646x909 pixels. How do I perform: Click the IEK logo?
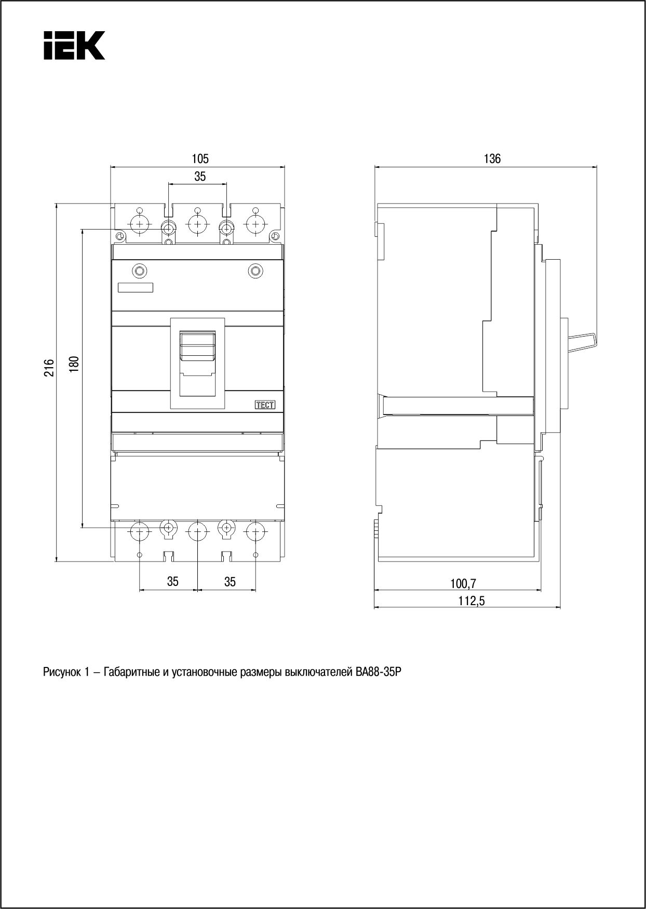74,46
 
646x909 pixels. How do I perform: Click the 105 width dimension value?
200,158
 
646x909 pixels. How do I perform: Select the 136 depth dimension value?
492,158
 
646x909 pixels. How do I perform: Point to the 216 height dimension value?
48,368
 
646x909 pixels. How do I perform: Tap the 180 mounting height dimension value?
74,364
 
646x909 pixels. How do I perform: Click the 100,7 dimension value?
463,584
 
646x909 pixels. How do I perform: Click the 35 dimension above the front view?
200,177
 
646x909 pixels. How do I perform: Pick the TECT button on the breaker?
265,405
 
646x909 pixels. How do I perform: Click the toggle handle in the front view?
198,345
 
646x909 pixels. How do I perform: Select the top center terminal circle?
197,225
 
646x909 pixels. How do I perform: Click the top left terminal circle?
139,225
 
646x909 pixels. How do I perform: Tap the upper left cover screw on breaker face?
140,271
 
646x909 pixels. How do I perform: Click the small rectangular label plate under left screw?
136,288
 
